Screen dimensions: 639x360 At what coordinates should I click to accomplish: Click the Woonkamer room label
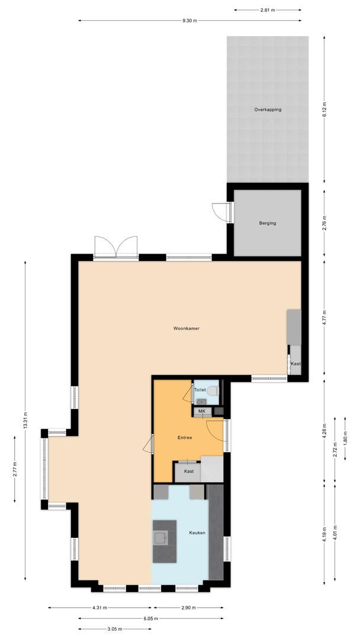[186, 328]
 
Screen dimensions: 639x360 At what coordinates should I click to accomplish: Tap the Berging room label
[268, 223]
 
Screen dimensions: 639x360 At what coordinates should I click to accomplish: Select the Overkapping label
[268, 109]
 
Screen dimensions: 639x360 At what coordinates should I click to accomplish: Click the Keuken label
[197, 532]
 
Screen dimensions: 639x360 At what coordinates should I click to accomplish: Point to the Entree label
[185, 438]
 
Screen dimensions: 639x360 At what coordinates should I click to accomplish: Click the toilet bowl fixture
[214, 390]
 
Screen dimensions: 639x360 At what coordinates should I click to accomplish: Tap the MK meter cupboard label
[201, 411]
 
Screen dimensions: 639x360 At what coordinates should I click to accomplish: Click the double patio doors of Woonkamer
[115, 247]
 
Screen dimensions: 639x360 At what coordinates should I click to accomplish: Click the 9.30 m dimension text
[189, 21]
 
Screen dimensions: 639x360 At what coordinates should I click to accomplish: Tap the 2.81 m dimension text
[268, 10]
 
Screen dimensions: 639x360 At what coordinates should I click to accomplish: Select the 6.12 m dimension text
[324, 109]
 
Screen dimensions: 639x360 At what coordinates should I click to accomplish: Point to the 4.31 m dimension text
[100, 608]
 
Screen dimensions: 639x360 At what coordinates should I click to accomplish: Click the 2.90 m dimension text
[188, 608]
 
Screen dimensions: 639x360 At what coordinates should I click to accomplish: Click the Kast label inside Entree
[188, 471]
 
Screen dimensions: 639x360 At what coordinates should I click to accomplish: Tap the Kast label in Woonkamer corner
[295, 364]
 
